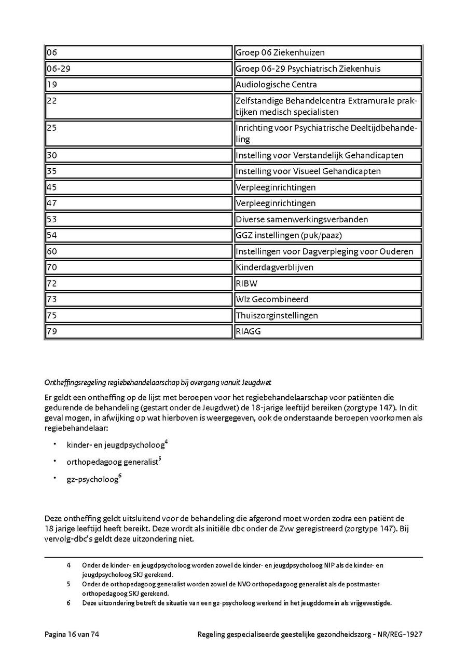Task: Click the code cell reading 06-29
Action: tap(138, 69)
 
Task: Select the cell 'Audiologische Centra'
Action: tap(327, 85)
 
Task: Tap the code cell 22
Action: tap(138, 106)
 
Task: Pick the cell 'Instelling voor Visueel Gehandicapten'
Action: tap(327, 171)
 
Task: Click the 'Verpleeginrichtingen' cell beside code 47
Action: tap(327, 203)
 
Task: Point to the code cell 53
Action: tap(138, 219)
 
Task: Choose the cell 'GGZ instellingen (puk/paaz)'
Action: tap(327, 235)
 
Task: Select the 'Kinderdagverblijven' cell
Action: tap(327, 267)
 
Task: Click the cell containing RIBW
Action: tap(327, 284)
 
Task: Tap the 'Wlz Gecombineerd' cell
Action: tap(327, 299)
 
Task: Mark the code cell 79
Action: tap(138, 331)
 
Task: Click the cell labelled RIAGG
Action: tap(327, 331)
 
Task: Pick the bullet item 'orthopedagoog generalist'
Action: tap(112, 462)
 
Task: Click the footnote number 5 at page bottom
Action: tap(68, 584)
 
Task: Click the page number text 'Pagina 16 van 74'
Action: tap(72, 634)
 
